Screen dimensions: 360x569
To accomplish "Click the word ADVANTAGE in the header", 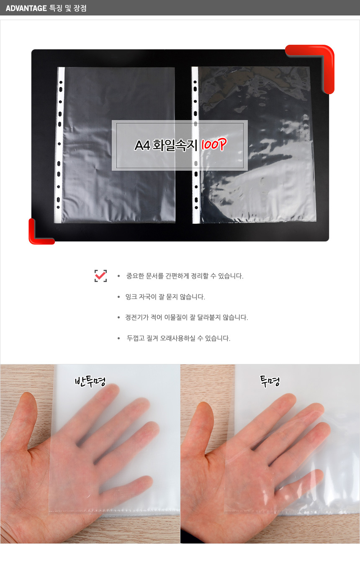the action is [26, 8].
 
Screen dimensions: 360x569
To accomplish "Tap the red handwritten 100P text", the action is [213, 145].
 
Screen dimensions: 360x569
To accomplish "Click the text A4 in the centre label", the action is [142, 146].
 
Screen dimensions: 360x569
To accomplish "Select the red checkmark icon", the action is [101, 276].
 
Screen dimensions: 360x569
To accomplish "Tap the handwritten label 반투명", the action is [90, 381].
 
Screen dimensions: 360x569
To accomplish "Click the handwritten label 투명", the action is [270, 381].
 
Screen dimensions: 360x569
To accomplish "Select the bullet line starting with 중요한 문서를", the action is [185, 276].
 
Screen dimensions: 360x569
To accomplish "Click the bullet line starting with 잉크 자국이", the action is [165, 297].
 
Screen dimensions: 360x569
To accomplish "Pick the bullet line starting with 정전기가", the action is [187, 317].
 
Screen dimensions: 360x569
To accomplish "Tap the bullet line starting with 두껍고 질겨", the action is [178, 338].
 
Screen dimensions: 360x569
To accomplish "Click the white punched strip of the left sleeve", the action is [59, 145].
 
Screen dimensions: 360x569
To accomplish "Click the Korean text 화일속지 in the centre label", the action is [175, 146].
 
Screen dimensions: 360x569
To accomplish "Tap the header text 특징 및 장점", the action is [68, 8].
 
